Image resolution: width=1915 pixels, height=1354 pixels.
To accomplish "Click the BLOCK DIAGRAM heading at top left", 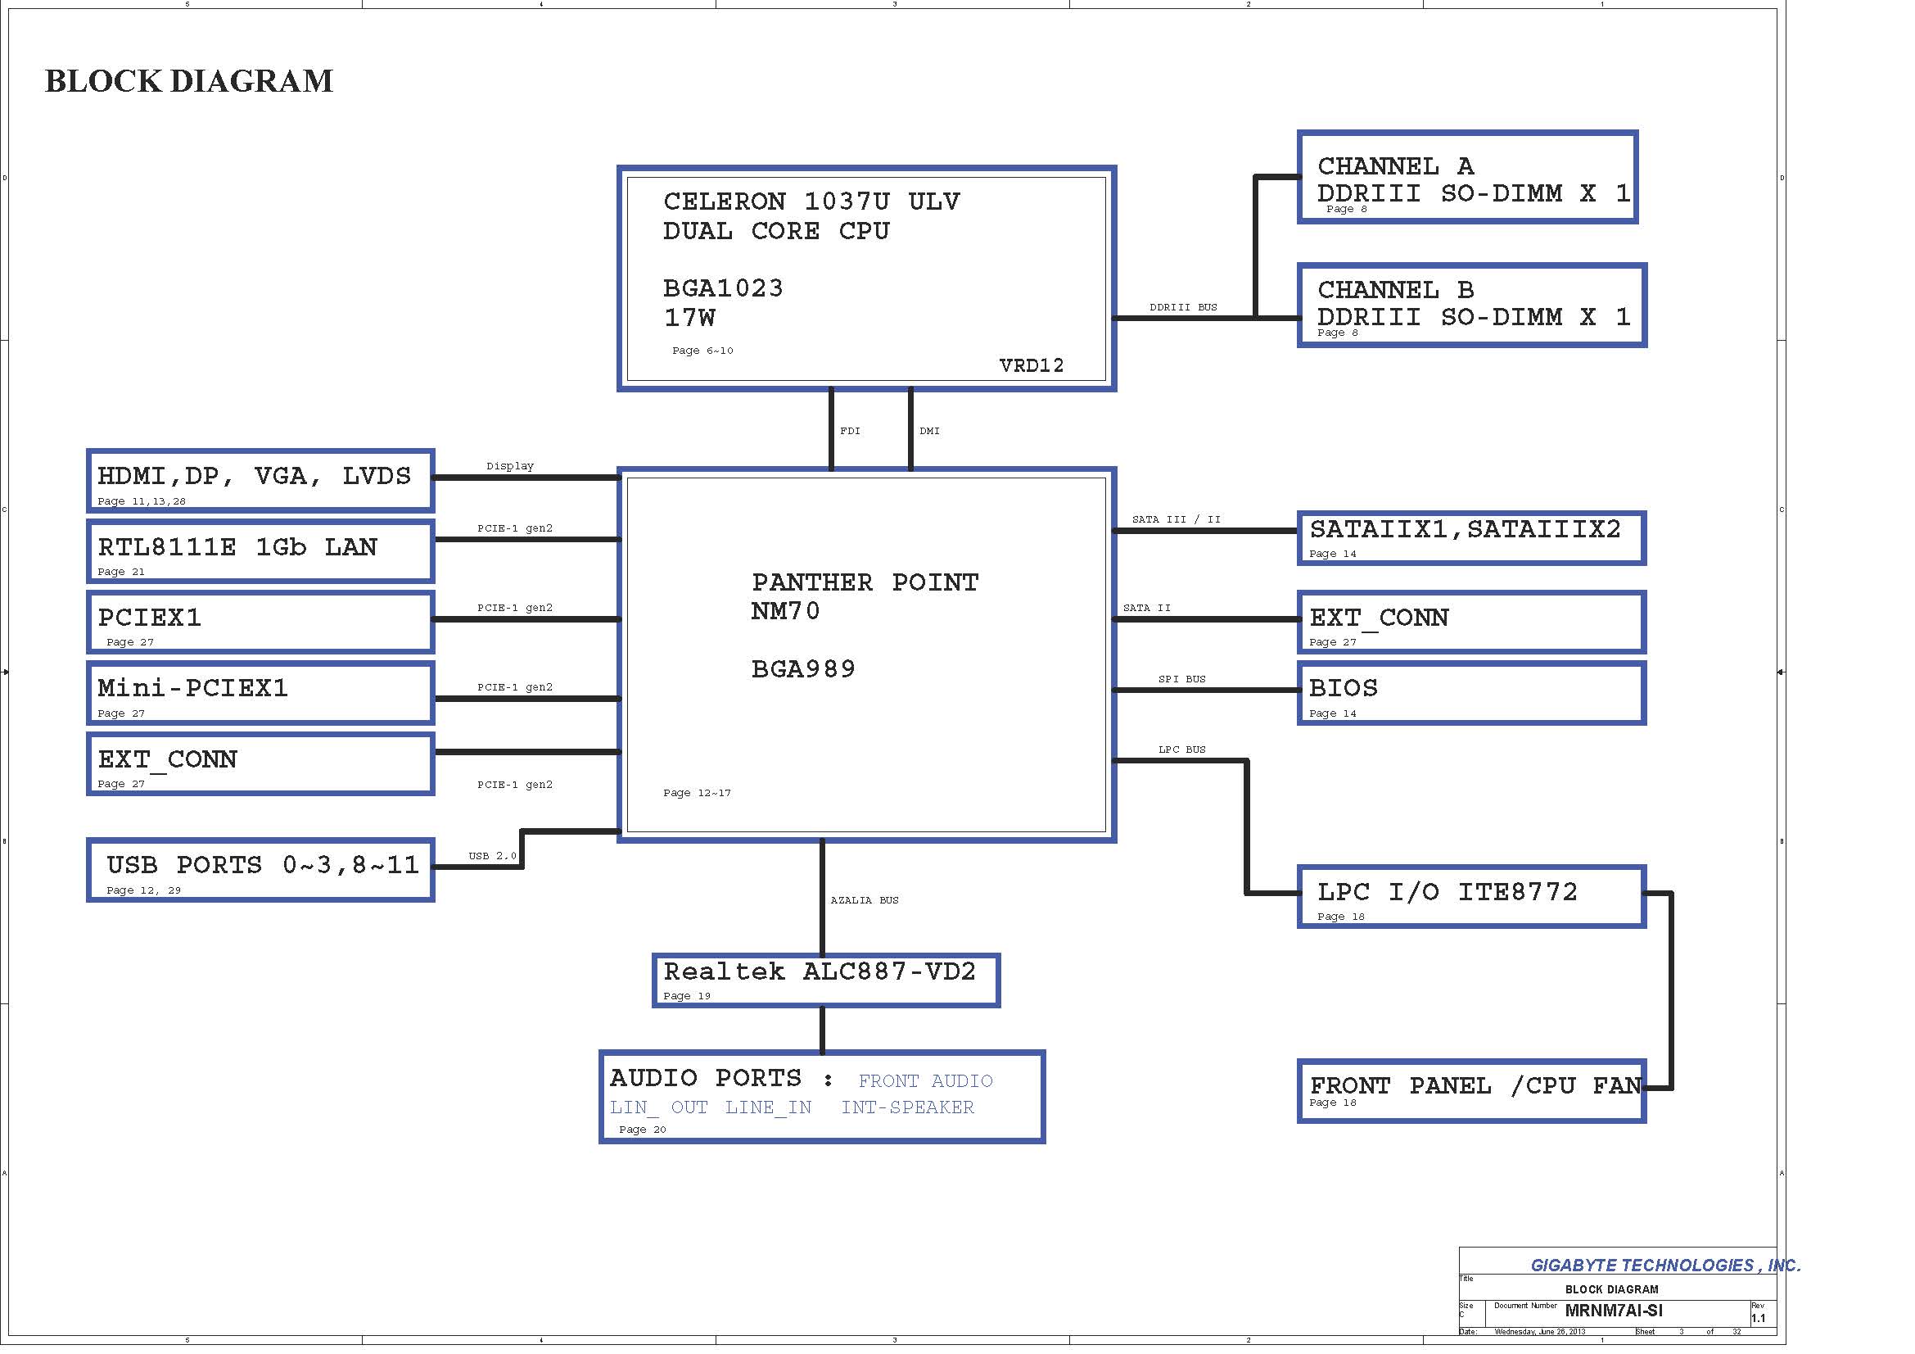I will pos(188,81).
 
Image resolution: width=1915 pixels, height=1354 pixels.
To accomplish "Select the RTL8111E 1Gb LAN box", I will pos(260,551).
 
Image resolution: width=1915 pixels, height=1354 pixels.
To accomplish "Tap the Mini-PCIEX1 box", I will pos(260,692).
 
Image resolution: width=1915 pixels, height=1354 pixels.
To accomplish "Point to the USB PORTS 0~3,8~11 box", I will pos(260,869).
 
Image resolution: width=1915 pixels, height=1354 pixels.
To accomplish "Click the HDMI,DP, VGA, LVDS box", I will pos(260,481).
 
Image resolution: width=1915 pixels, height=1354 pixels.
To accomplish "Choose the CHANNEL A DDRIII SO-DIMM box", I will pos(1467,177).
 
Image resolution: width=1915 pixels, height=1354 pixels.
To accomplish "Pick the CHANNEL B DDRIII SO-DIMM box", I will pos(1471,305).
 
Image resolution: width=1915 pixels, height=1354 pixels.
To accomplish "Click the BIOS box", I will pos(1471,692).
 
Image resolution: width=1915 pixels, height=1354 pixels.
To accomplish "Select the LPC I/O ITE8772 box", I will pos(1471,897).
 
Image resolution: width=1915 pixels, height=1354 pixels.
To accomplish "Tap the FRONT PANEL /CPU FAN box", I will pos(1471,1090).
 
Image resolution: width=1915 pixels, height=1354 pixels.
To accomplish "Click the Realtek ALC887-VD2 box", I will pos(826,980).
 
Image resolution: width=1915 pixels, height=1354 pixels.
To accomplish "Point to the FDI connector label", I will pos(850,432).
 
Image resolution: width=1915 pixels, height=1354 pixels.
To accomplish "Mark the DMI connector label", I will pos(929,432).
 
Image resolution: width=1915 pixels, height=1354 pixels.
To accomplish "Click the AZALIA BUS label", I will pos(864,900).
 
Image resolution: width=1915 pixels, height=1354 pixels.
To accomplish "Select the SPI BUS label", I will pos(1182,679).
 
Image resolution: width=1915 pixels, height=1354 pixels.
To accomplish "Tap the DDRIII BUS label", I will pos(1183,307).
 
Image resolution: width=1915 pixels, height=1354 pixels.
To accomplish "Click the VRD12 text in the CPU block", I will pos(1031,365).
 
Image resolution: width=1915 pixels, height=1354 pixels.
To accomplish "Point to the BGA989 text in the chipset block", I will pos(803,669).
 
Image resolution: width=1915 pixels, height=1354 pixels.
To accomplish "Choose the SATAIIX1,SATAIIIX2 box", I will pos(1471,538).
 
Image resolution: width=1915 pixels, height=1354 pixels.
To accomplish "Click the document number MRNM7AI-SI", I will pos(1613,1311).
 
